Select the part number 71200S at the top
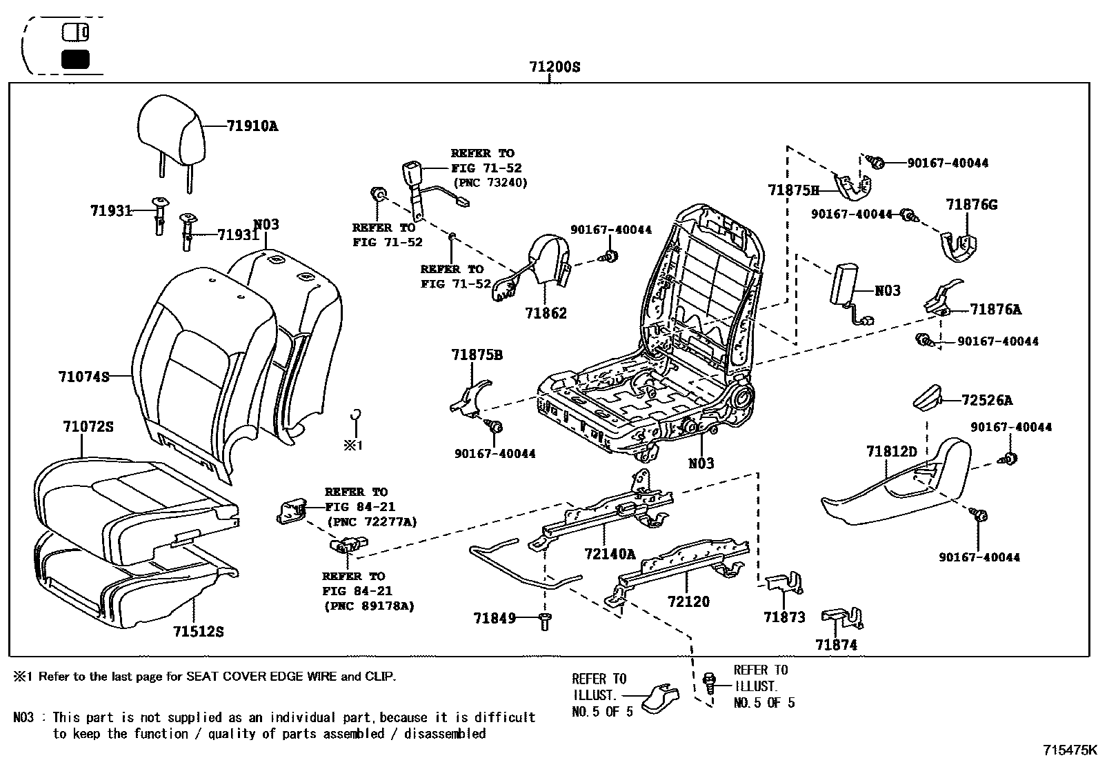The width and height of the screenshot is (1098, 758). coord(555,67)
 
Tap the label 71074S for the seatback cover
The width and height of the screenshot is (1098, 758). coord(83,377)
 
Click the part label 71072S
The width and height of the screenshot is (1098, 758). coord(88,427)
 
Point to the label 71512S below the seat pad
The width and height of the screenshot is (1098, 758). coord(198,632)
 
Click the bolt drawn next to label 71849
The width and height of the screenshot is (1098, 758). coord(544,620)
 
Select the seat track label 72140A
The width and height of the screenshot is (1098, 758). coord(610,554)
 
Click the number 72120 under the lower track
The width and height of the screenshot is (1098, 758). coord(688,601)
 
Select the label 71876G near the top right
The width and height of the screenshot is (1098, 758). coord(971,205)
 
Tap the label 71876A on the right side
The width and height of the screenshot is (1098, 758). coord(995,310)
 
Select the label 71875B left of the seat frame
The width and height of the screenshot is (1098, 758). coord(477,355)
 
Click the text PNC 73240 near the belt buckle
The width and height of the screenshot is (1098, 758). coord(490,183)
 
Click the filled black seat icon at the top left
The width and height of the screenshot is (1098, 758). coord(75,59)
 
